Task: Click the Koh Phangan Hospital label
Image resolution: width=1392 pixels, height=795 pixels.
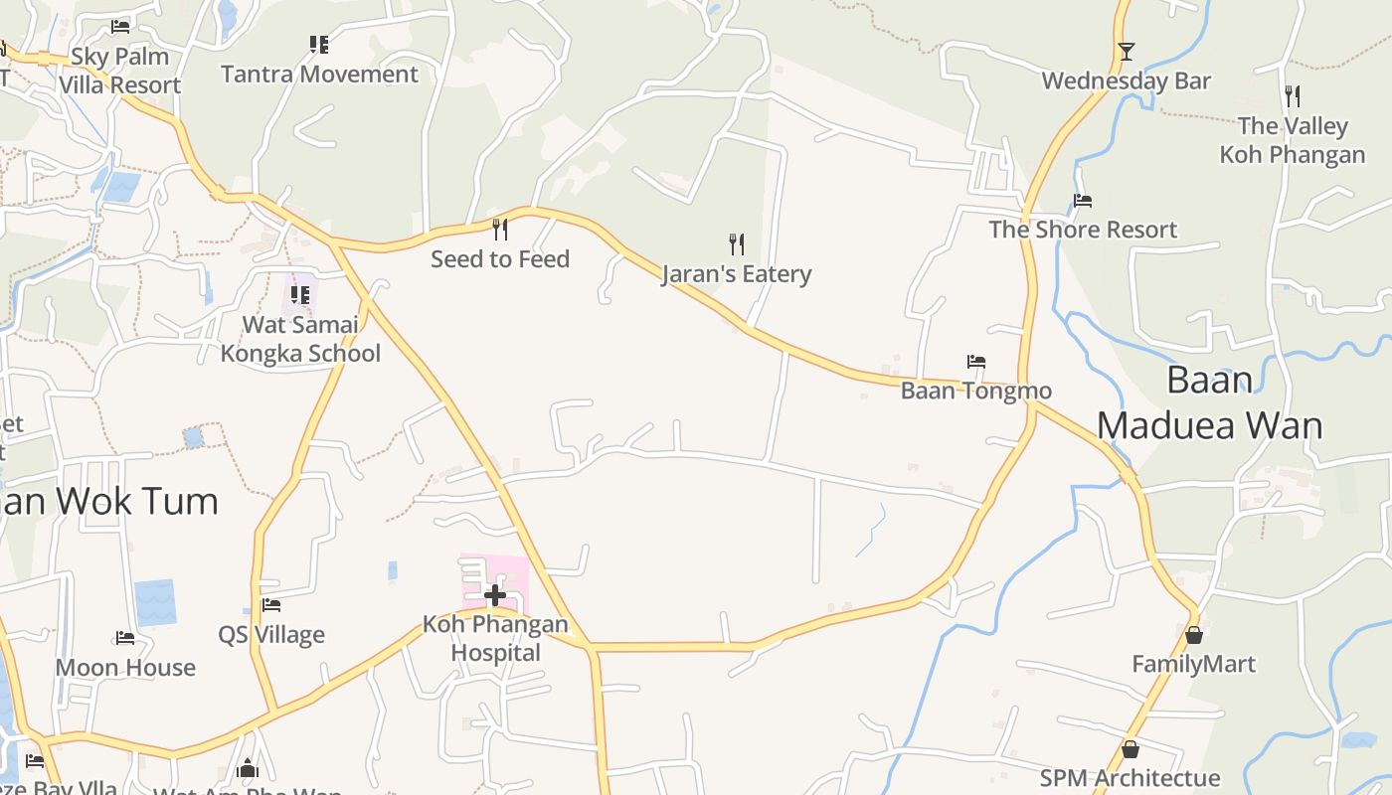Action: tap(495, 639)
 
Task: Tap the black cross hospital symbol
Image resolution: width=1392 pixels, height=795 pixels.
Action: tap(495, 595)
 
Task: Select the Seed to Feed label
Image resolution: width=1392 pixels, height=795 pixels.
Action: tap(500, 259)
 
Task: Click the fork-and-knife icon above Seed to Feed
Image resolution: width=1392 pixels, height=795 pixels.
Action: tap(500, 230)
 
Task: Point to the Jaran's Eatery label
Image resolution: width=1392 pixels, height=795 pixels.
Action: tap(737, 274)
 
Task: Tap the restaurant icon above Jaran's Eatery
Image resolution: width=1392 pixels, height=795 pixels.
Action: tap(737, 243)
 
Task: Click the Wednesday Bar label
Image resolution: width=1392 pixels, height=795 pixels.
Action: tap(1127, 81)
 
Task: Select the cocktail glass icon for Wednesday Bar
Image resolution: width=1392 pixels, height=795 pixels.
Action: tap(1127, 52)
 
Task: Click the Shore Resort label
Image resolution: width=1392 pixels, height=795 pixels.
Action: tap(1083, 231)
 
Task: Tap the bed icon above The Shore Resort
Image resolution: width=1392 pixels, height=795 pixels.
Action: tap(1083, 201)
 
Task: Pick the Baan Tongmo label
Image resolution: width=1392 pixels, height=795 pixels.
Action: tap(976, 391)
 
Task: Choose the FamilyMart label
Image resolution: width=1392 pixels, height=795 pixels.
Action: tap(1194, 664)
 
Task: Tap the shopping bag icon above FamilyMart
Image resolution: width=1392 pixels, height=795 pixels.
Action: tap(1194, 634)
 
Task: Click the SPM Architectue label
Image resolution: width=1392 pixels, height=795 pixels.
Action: tap(1130, 778)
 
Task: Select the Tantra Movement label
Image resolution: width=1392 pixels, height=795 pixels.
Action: tap(319, 75)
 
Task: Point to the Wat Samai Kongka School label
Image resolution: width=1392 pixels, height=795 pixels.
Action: tap(300, 339)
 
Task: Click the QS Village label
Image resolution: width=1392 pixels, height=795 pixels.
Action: tap(271, 635)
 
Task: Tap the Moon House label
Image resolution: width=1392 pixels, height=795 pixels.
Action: tap(125, 668)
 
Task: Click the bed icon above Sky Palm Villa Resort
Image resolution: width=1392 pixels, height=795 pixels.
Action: tap(120, 27)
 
